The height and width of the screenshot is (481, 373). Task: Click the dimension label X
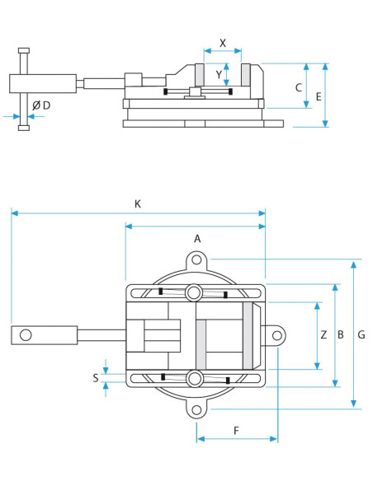click(x=223, y=43)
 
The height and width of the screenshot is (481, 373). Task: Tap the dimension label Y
click(x=219, y=75)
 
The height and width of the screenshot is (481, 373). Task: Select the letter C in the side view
click(x=299, y=88)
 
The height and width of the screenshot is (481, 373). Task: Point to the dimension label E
click(x=319, y=96)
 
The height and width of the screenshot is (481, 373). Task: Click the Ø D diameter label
click(x=41, y=105)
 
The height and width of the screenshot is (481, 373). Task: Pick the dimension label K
click(x=138, y=204)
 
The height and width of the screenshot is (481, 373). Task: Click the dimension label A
click(x=197, y=238)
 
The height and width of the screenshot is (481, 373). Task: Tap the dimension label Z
click(x=323, y=334)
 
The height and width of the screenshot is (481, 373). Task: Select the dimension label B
click(x=341, y=334)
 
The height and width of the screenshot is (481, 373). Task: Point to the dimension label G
click(x=361, y=334)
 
